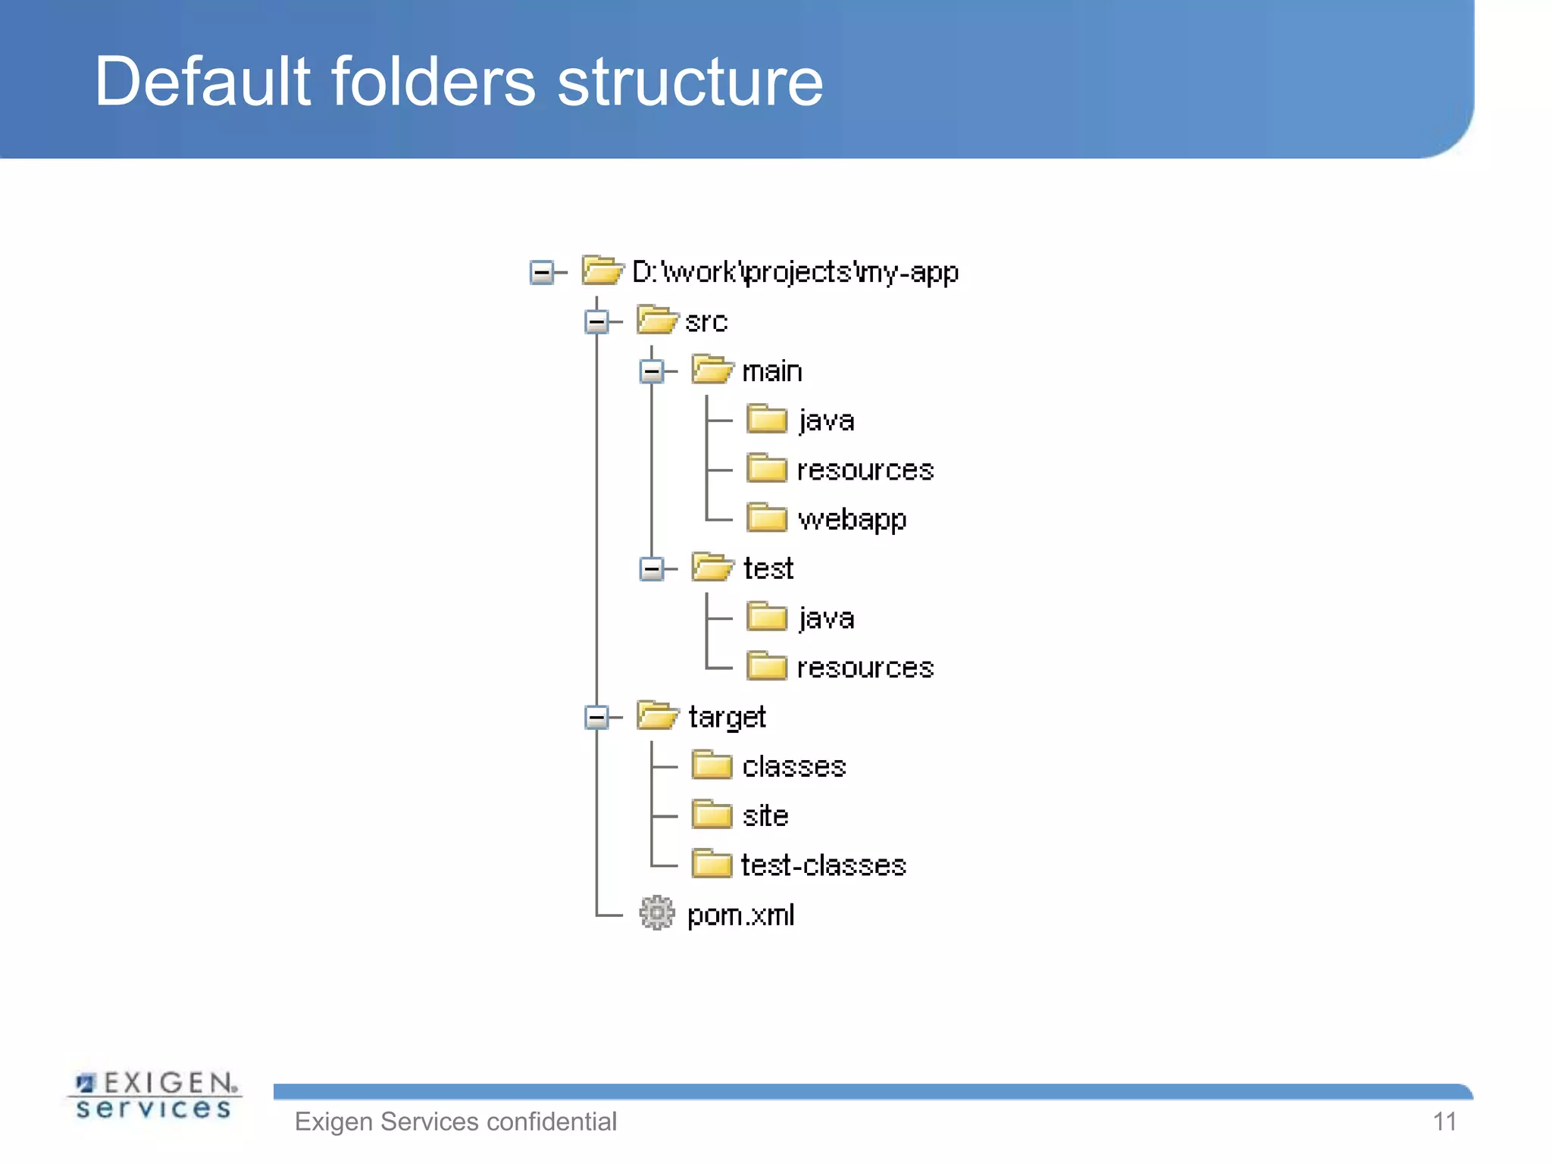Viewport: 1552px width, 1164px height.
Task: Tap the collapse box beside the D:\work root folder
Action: click(x=542, y=272)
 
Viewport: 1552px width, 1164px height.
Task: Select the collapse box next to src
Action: click(x=597, y=322)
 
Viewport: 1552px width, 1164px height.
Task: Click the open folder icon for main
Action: click(x=712, y=371)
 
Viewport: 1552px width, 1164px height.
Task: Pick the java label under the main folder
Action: click(x=826, y=421)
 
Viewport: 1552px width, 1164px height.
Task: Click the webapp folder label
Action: click(x=852, y=520)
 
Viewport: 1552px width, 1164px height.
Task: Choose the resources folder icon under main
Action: click(x=766, y=469)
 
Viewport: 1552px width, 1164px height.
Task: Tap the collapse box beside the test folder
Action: click(x=652, y=568)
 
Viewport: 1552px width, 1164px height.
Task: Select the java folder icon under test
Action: click(x=766, y=618)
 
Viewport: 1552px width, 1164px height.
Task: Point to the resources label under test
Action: click(x=865, y=668)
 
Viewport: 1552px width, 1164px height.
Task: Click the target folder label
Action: click(x=727, y=717)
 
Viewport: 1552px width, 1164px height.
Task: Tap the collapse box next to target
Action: click(x=597, y=717)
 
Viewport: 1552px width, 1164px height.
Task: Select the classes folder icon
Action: click(x=712, y=766)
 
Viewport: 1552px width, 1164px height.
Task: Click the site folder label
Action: click(x=765, y=816)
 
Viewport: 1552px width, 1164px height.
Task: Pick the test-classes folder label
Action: click(x=823, y=865)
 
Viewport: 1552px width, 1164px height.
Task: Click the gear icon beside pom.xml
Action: click(x=656, y=914)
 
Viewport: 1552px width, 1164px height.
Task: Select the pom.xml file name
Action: click(x=740, y=915)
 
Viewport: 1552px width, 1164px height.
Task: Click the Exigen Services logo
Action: click(x=155, y=1096)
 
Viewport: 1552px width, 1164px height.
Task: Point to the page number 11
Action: click(x=1444, y=1122)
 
